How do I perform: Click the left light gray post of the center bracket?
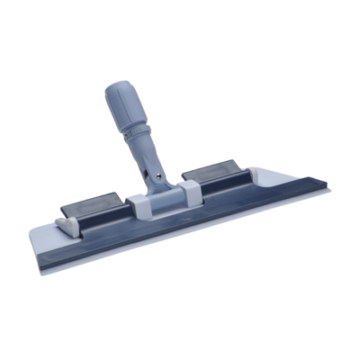(x=137, y=204)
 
